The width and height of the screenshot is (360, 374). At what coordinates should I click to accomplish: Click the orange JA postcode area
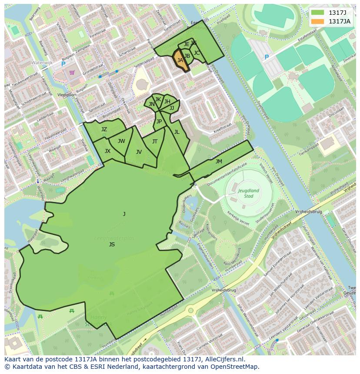point(181,61)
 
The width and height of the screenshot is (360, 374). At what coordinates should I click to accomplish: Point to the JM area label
point(219,162)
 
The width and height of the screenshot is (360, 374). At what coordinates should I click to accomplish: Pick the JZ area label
point(104,129)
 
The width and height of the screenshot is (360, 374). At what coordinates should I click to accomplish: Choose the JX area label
point(107,151)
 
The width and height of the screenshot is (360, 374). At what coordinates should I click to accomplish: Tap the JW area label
point(121,141)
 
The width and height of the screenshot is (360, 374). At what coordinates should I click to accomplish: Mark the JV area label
point(139,152)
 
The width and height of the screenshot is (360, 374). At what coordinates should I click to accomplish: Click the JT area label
point(155,142)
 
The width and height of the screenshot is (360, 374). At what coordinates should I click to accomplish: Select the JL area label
point(177,132)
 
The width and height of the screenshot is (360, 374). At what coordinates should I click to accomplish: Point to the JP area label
point(159,122)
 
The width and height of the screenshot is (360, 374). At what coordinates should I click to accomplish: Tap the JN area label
point(151,104)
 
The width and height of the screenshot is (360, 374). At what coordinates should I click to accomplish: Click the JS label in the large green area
point(112,245)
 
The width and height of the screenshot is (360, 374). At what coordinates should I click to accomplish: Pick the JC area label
point(197,53)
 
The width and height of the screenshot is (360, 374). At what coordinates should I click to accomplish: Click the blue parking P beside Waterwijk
point(63,64)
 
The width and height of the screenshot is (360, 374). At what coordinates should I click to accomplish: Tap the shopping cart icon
point(72,73)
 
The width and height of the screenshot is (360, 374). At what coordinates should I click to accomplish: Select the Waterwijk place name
point(42,63)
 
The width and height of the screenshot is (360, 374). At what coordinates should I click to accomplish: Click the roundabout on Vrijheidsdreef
point(190,311)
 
